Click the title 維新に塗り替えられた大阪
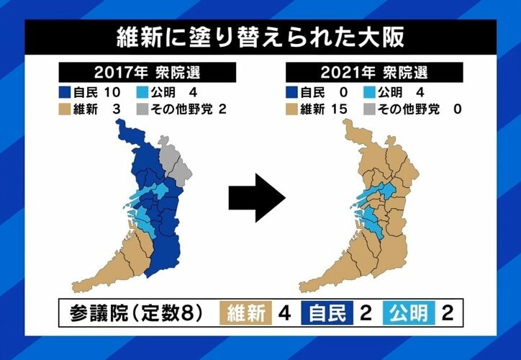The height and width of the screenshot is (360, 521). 260,37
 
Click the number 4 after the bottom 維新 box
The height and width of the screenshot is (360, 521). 284,313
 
